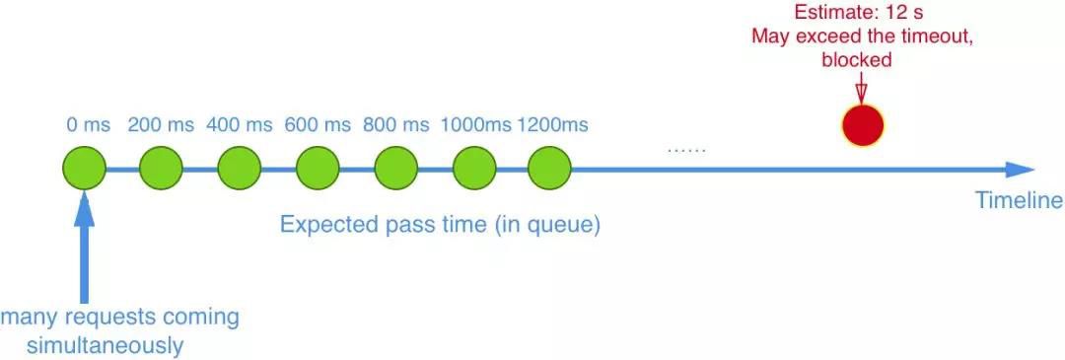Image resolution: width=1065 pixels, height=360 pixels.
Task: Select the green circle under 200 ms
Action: [162, 170]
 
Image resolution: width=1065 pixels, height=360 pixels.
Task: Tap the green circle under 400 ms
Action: [240, 170]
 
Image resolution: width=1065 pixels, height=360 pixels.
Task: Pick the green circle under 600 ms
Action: [318, 170]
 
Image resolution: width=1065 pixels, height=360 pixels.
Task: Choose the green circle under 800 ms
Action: [395, 170]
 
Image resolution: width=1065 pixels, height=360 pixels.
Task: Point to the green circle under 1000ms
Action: [473, 170]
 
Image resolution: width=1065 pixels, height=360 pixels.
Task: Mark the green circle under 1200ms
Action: [550, 170]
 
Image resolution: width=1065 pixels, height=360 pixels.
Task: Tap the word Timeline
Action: [1019, 201]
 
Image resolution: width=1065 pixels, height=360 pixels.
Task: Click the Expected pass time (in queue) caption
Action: [440, 224]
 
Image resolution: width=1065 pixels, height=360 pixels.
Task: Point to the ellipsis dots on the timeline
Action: [686, 150]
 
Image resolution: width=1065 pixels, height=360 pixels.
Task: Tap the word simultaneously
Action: [120, 346]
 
